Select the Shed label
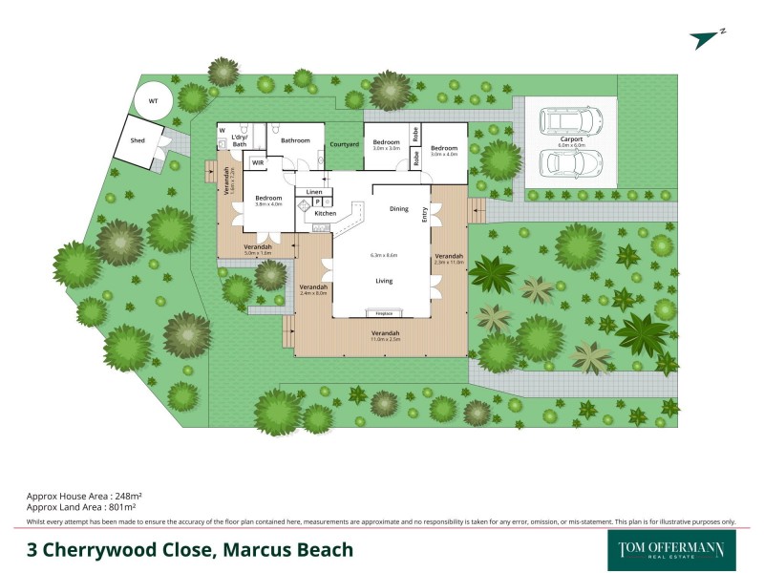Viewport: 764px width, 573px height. [x=124, y=140]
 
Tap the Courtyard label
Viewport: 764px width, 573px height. [x=344, y=144]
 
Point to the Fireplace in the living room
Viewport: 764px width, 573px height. [x=384, y=312]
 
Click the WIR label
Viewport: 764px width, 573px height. [x=257, y=163]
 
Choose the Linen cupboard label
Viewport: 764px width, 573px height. [x=314, y=192]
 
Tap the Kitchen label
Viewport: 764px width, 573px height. [x=326, y=213]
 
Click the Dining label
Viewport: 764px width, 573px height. [x=399, y=208]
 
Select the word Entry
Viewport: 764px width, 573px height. [x=425, y=217]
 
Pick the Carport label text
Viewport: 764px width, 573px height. [x=572, y=139]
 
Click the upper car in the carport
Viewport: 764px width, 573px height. [x=571, y=120]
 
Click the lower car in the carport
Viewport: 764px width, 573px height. [x=571, y=163]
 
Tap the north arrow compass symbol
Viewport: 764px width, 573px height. [x=707, y=37]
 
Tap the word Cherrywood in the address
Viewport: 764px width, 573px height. [x=132, y=550]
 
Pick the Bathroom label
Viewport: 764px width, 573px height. [x=295, y=140]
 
